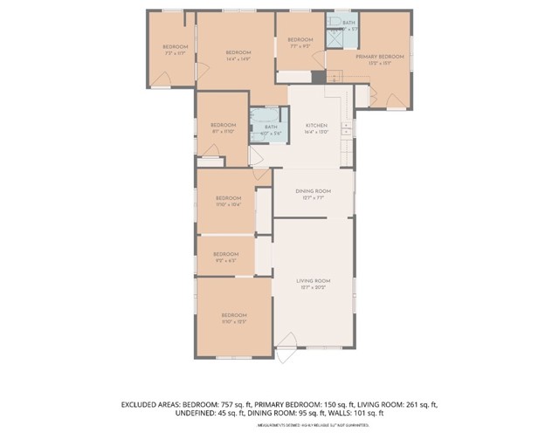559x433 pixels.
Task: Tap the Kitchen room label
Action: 316,126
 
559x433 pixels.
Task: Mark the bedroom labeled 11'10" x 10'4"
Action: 227,198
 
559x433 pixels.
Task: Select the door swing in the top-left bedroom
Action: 161,79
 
